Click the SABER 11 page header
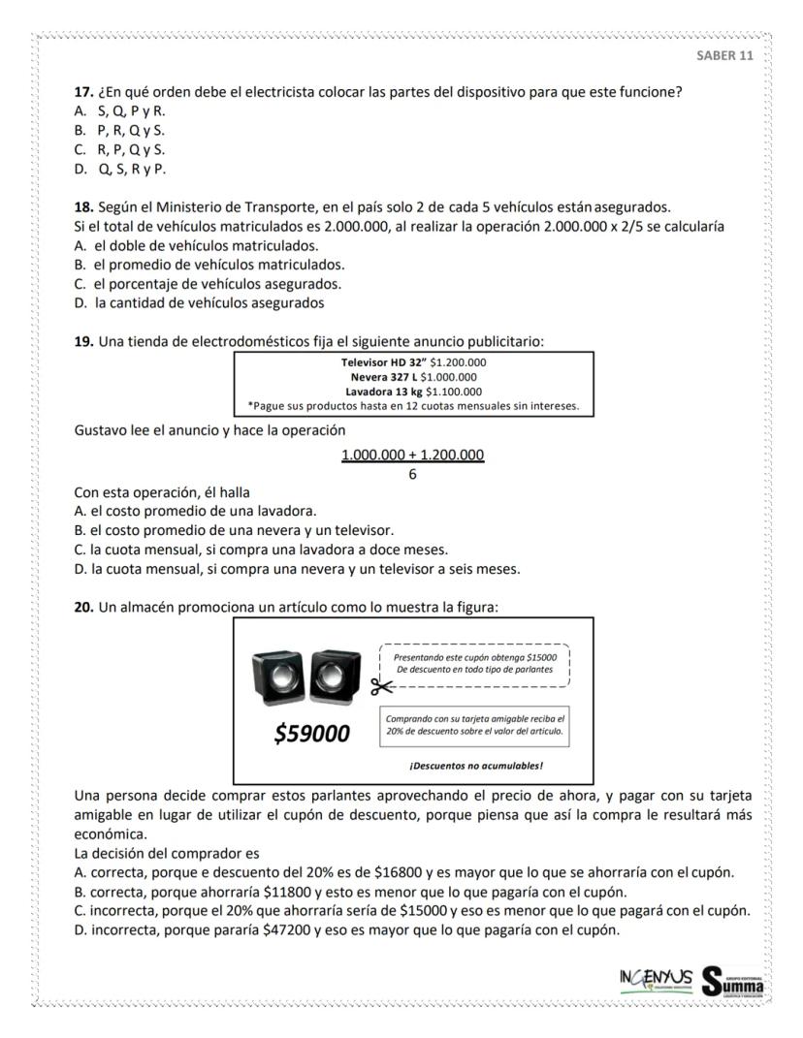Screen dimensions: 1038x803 [x=724, y=54]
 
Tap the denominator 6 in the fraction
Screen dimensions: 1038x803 [x=412, y=474]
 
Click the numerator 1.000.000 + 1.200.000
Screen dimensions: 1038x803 [x=412, y=455]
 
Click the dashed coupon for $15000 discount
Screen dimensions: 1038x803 [x=474, y=664]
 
